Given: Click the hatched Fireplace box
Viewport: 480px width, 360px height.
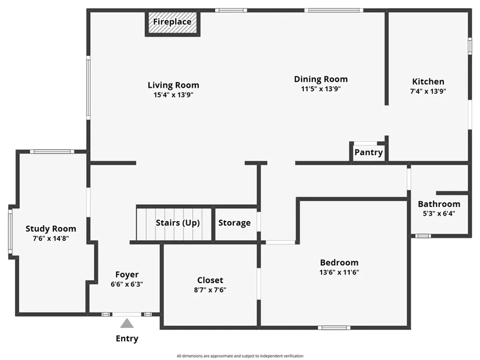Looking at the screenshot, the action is (173, 23).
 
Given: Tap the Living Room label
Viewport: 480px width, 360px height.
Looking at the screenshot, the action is (173, 85).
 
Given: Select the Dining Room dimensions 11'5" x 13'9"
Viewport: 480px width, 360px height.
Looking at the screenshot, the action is (321, 89).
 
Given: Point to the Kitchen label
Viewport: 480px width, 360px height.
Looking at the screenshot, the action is (428, 81).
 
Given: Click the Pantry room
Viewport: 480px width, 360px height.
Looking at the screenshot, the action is (368, 152).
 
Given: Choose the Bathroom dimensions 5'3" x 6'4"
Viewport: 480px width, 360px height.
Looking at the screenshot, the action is (439, 213).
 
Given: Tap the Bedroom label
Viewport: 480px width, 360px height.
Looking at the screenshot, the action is (339, 262).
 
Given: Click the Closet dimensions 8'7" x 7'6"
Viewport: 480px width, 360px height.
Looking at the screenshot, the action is (210, 290).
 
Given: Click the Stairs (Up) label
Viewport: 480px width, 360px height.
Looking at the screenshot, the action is (177, 223).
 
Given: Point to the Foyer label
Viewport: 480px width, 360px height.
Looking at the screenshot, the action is (127, 275).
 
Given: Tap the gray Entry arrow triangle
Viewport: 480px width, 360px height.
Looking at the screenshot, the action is (127, 323).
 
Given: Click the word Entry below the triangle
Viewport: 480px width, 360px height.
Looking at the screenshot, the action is (127, 338).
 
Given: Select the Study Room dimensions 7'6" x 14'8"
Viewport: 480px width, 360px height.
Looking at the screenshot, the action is (51, 238).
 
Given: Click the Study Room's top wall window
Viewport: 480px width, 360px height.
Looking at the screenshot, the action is (52, 152).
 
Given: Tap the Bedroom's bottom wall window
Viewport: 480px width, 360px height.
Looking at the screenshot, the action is (334, 328).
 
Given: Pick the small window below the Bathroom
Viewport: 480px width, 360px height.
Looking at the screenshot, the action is (423, 236).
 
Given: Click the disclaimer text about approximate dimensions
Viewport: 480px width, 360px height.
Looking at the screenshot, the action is (240, 356).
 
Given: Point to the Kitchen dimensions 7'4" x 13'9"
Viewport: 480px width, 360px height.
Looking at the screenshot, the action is (428, 91).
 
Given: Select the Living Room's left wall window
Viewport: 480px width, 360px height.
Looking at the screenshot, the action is (88, 88).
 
